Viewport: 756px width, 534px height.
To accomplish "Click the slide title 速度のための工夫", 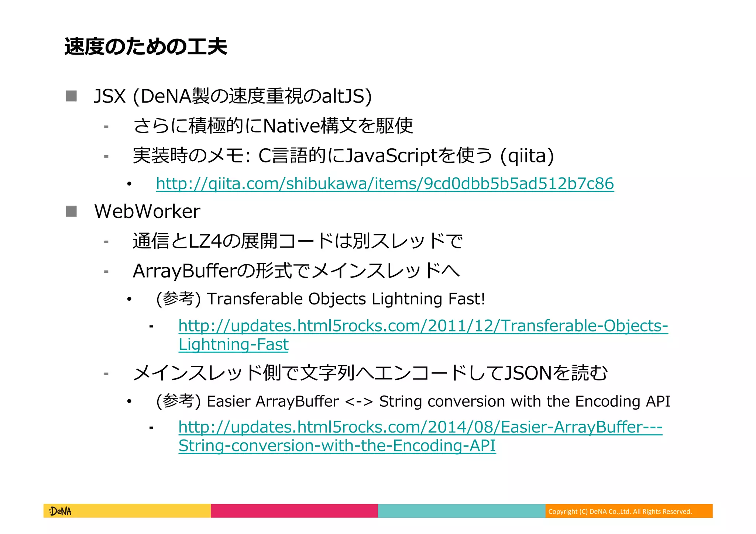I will [145, 47].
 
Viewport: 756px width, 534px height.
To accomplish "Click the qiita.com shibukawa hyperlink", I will [385, 184].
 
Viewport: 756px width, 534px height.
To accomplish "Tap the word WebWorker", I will [147, 211].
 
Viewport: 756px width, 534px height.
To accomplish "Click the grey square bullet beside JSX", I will [71, 96].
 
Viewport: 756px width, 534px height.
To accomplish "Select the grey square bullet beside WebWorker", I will [71, 211].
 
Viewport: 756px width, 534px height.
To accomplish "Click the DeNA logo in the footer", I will [60, 511].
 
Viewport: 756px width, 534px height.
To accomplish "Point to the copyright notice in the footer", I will [620, 511].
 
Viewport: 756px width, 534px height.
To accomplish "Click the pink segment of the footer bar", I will [294, 511].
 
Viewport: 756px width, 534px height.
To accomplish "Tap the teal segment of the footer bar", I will [461, 511].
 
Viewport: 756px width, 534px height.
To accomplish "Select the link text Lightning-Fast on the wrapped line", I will [233, 345].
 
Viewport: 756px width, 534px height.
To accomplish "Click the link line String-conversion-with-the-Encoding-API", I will [337, 446].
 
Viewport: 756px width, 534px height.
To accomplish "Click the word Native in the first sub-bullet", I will [292, 126].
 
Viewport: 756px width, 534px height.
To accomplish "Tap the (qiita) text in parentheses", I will [527, 156].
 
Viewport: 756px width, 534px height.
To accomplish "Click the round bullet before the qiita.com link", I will [129, 184].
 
